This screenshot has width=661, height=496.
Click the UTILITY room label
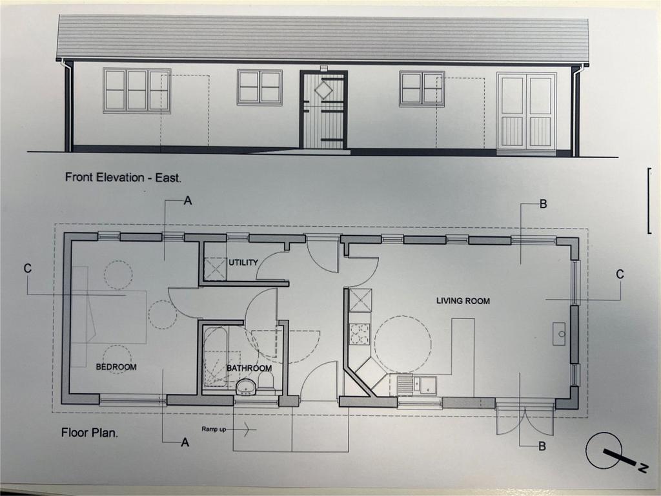(243, 262)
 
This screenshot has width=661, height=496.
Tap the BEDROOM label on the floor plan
(116, 367)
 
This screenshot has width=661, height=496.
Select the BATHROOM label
(249, 368)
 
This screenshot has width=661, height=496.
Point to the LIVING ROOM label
(463, 301)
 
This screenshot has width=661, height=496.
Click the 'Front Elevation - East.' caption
(123, 177)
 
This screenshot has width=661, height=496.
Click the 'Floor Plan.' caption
(90, 432)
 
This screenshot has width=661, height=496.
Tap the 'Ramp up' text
(214, 429)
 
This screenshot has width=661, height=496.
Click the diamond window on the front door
(324, 90)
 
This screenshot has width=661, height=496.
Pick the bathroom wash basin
(246, 387)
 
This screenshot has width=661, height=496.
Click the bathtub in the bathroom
(216, 357)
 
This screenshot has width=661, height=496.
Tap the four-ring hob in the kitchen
(360, 334)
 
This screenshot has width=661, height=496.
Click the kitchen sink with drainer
(417, 385)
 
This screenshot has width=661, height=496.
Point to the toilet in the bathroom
(265, 382)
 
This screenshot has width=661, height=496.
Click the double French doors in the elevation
(527, 111)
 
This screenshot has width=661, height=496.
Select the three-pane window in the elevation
(137, 90)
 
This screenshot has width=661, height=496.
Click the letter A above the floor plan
(188, 201)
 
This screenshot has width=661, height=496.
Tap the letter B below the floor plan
(542, 446)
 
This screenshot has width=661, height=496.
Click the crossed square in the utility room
(215, 269)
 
